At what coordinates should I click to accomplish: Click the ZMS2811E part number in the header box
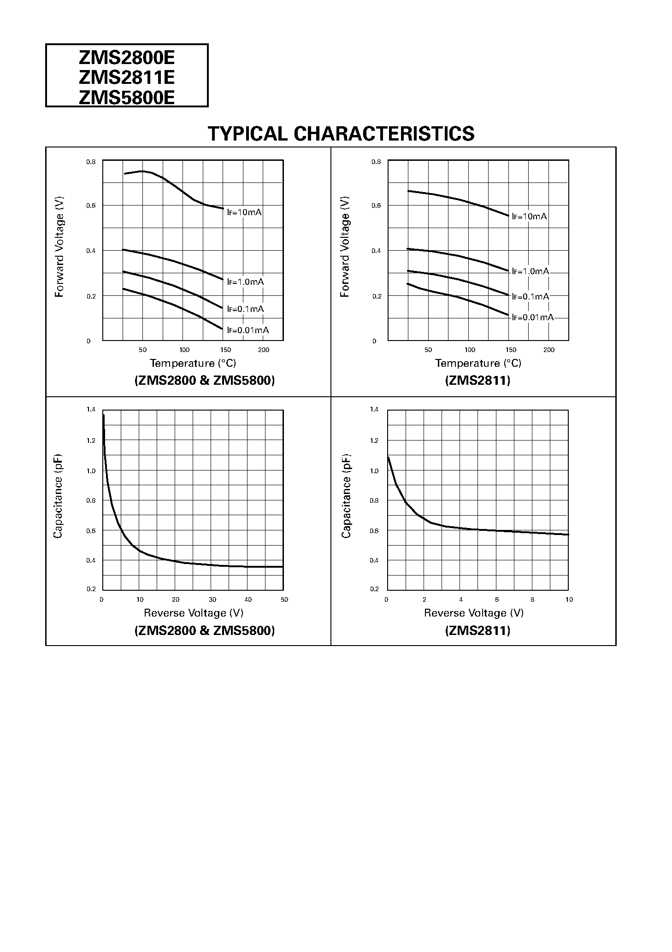click(x=127, y=77)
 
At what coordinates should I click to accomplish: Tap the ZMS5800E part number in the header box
click(x=127, y=97)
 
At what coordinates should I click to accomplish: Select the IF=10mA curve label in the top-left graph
click(x=244, y=212)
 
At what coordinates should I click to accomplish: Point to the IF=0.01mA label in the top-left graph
click(x=248, y=330)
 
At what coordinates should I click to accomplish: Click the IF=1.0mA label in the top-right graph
click(x=531, y=271)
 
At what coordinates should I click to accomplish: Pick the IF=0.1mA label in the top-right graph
click(x=531, y=296)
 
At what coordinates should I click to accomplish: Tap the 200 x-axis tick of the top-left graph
click(x=263, y=350)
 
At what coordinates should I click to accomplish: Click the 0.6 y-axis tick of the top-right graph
click(x=376, y=206)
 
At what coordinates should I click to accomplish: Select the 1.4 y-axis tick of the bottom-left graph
click(x=91, y=410)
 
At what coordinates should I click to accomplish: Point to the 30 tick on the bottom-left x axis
click(x=212, y=600)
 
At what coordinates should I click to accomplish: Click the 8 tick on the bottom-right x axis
click(x=532, y=600)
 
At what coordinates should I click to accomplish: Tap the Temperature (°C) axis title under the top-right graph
click(x=478, y=364)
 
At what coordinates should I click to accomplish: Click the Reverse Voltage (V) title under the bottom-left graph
click(x=194, y=613)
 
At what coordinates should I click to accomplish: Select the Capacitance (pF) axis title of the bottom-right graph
click(x=346, y=496)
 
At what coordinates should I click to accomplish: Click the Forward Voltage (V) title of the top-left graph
click(x=59, y=247)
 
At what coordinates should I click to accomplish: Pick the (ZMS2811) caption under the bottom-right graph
click(x=477, y=631)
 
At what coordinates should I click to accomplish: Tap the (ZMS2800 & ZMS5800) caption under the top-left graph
click(x=204, y=381)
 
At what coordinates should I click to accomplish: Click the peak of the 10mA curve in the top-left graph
click(x=143, y=171)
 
